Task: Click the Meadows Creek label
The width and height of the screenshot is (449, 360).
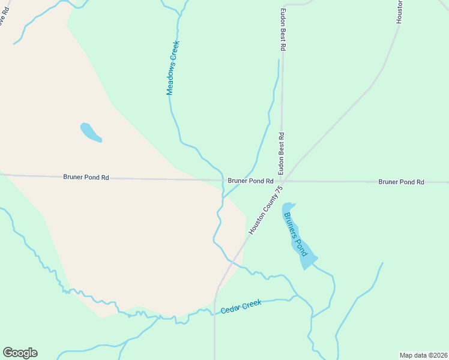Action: pyautogui.click(x=173, y=68)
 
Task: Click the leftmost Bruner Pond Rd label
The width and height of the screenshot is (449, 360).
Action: pyautogui.click(x=86, y=178)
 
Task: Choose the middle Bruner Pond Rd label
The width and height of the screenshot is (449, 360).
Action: pyautogui.click(x=250, y=181)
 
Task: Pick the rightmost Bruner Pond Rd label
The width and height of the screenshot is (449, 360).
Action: pyautogui.click(x=401, y=182)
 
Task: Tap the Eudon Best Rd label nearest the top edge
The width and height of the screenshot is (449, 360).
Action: pyautogui.click(x=283, y=29)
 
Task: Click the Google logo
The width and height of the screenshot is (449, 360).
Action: pyautogui.click(x=20, y=353)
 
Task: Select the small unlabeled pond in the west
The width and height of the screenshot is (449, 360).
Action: pyautogui.click(x=90, y=132)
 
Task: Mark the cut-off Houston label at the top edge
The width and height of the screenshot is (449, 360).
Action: pyautogui.click(x=399, y=11)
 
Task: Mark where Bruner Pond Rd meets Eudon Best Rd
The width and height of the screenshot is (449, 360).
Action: pyautogui.click(x=282, y=181)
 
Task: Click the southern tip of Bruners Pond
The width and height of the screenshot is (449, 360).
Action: pyautogui.click(x=306, y=268)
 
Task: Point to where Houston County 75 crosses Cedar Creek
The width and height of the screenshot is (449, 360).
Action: pyautogui.click(x=215, y=311)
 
